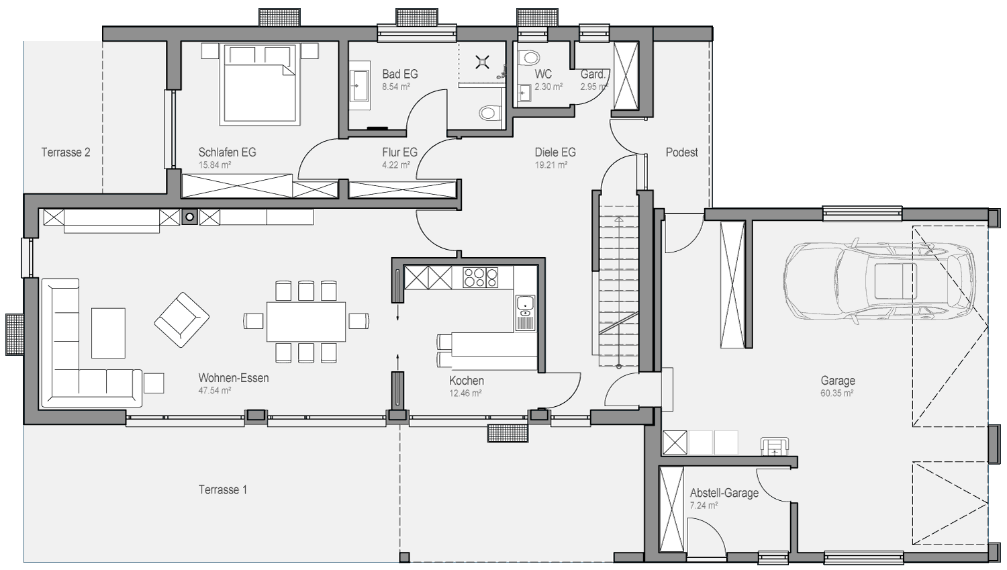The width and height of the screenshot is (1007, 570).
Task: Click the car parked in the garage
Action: coord(879,281)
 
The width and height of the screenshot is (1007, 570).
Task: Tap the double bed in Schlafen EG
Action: coord(260,84)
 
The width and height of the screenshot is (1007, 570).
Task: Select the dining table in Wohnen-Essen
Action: coord(306,322)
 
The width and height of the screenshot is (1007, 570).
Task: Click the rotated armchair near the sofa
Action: coord(182,320)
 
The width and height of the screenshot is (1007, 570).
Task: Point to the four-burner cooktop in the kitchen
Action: coord(481,277)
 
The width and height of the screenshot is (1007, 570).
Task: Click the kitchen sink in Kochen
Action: coord(525,313)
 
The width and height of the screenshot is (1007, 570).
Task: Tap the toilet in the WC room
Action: coord(529,58)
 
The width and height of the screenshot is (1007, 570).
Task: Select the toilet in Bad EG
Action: coord(489,112)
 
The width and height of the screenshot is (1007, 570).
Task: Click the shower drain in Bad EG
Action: coord(483,62)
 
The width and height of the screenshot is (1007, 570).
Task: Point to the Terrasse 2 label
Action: coord(66,152)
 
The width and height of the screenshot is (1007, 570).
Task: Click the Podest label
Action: coord(681,152)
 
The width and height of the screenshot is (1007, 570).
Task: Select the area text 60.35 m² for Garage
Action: coord(836,393)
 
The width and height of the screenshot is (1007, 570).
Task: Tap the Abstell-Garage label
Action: coord(724,493)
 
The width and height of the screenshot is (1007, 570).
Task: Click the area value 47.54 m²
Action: coord(215,391)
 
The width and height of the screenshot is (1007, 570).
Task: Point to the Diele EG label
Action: coord(555,152)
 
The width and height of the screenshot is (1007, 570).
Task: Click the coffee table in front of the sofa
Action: coord(108,333)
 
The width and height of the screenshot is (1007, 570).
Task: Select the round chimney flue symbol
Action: coord(190,217)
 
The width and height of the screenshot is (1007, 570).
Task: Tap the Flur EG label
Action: coord(399,152)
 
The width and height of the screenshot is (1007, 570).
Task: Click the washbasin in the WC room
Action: coord(524,93)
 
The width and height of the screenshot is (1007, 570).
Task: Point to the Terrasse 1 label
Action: coord(223,489)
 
